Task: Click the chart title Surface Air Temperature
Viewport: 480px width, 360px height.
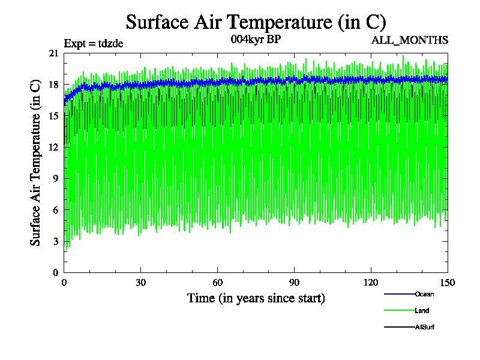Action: tap(256, 22)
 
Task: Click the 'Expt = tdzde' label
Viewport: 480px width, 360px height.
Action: tap(93, 43)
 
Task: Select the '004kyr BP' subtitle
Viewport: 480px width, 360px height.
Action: tap(256, 40)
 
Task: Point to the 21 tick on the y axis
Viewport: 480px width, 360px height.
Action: tap(53, 53)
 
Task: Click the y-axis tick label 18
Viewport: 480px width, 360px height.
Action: tap(53, 85)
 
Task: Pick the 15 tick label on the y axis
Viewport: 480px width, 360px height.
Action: tap(53, 116)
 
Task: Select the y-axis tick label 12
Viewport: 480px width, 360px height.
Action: tap(53, 147)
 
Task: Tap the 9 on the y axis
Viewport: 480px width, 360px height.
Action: tap(56, 178)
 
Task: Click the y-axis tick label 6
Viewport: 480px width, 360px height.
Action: tap(56, 209)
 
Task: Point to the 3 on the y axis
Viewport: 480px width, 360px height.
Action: tap(56, 241)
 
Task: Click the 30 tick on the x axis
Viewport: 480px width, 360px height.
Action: tap(141, 283)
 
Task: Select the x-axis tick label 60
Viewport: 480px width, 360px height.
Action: tap(218, 283)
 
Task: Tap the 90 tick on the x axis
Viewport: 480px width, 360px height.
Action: tap(295, 283)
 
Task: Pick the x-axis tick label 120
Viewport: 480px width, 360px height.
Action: tap(371, 283)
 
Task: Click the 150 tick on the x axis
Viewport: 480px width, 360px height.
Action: tap(448, 283)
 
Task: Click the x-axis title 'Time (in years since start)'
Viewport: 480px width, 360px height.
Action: tap(256, 298)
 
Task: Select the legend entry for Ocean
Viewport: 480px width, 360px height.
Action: tap(424, 294)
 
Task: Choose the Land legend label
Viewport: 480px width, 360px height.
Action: tap(422, 310)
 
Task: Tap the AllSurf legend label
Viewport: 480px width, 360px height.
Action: tap(424, 326)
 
